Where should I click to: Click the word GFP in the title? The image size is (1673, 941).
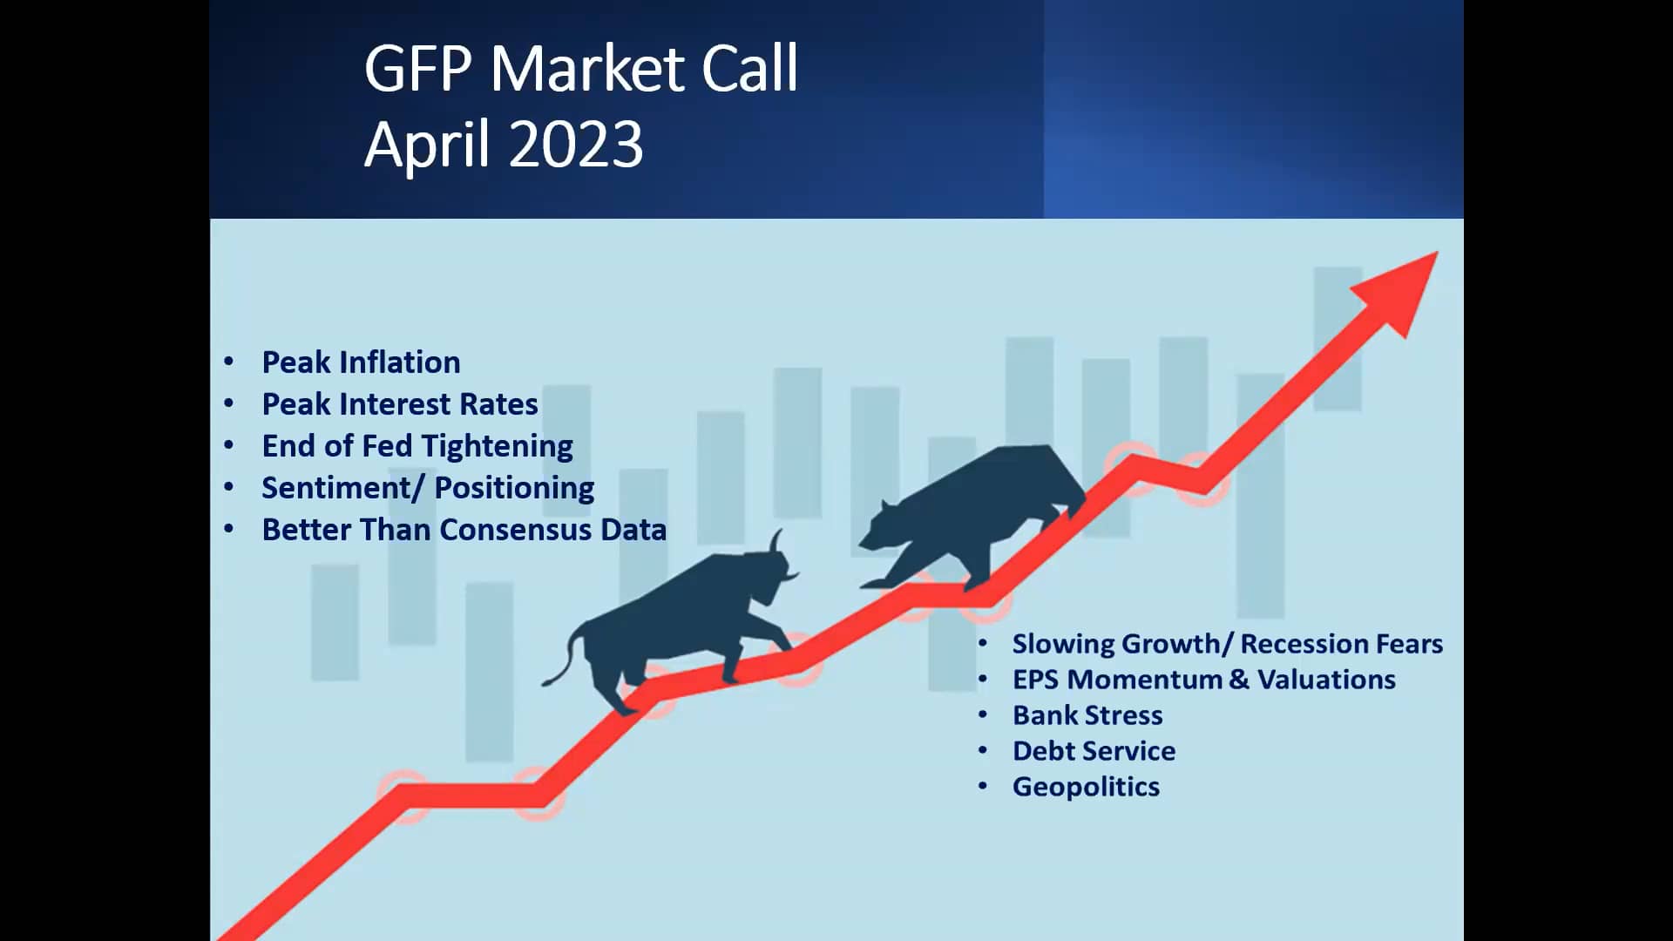coord(418,69)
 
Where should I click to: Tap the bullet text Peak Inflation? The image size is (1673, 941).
coord(361,362)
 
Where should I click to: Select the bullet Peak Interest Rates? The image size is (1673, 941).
coord(399,404)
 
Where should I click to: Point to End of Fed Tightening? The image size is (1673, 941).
coord(417,446)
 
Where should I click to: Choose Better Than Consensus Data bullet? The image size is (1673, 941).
coord(464,530)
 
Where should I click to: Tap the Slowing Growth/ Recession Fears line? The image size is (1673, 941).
coord(1227,644)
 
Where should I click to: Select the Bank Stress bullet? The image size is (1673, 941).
coord(1087,715)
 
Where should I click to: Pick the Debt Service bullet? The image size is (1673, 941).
coord(1094,751)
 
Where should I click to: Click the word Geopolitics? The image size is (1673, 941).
coord(1086,787)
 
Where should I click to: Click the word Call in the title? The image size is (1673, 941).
coord(749,69)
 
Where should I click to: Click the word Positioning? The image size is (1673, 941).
coord(514,488)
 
